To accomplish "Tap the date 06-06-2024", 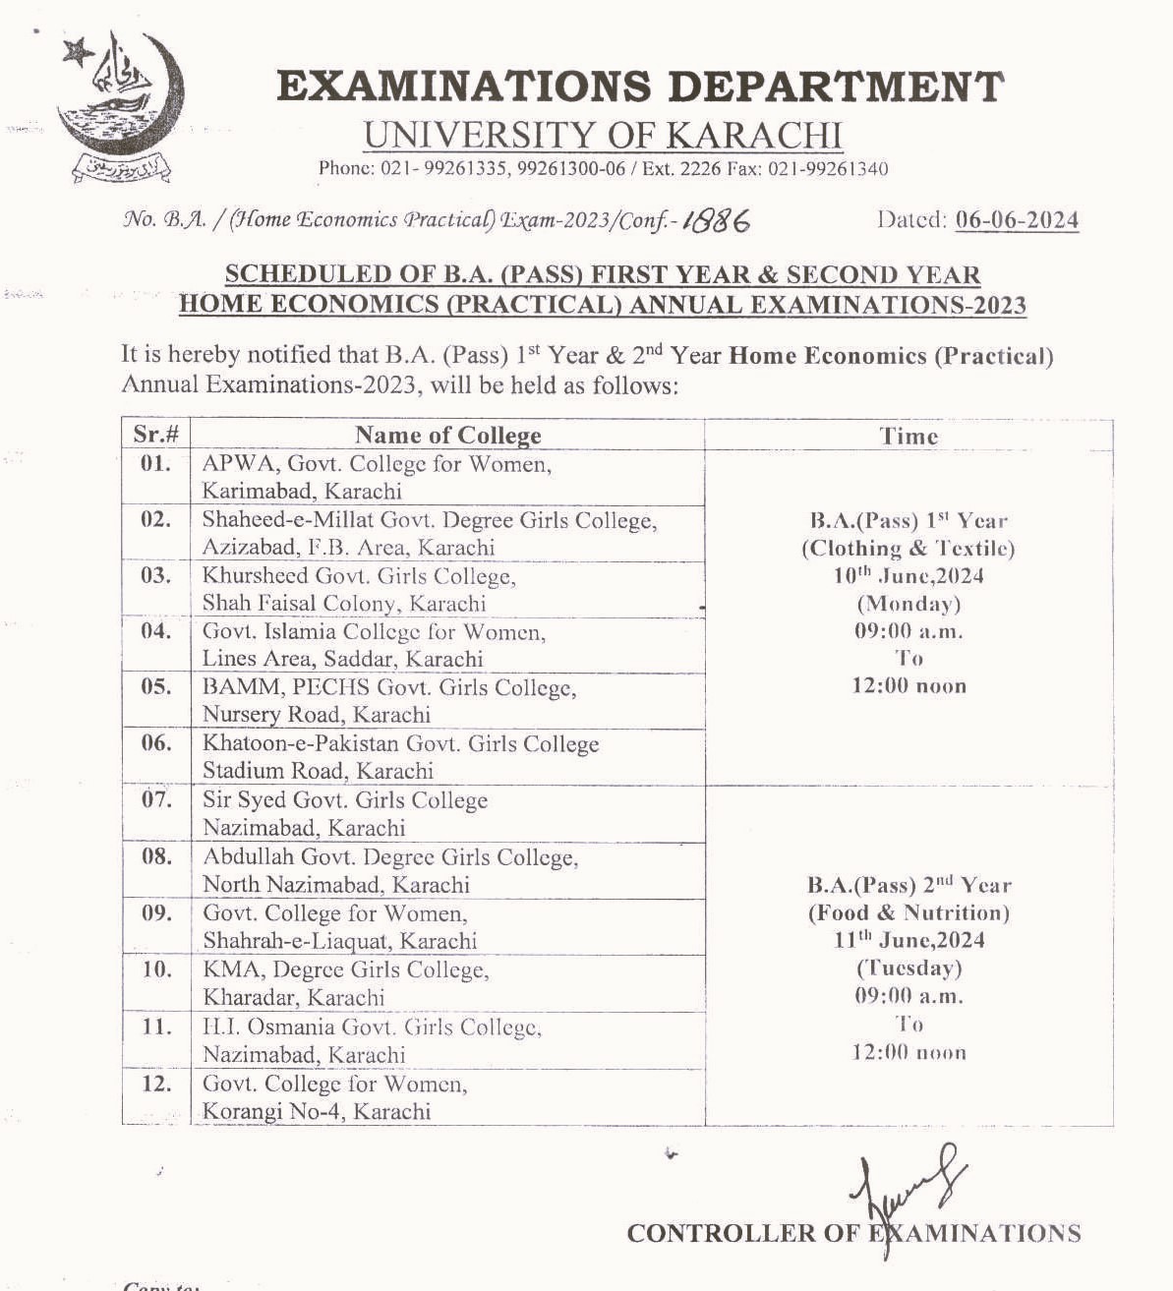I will click(1017, 220).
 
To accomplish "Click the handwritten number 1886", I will click(716, 221).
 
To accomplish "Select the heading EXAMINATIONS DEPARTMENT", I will click(640, 87).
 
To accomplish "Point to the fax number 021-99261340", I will click(827, 169).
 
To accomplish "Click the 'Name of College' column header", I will click(447, 435).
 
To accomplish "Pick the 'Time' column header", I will click(909, 436).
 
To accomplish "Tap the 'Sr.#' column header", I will click(155, 434).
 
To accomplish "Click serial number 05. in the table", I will click(155, 686).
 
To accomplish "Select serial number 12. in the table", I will click(155, 1084).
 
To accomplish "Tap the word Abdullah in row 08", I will click(248, 857).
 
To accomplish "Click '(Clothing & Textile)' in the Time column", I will click(908, 549).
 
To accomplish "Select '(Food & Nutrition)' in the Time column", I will click(909, 912).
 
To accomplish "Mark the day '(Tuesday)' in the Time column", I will click(909, 968).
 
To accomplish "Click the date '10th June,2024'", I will click(909, 576).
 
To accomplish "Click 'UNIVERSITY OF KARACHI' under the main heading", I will click(603, 136).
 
